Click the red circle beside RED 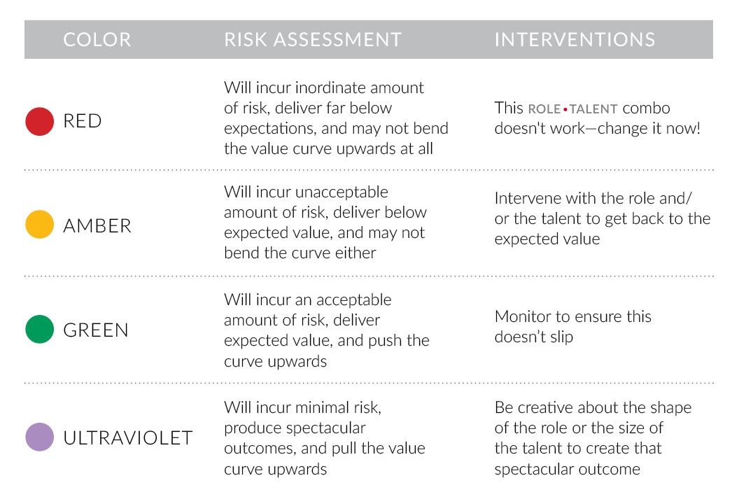pyautogui.click(x=40, y=121)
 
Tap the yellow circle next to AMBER pyautogui.click(x=40, y=225)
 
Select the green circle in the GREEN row pyautogui.click(x=40, y=330)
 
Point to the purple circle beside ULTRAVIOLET pyautogui.click(x=40, y=437)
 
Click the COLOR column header pyautogui.click(x=97, y=39)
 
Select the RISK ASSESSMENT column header pyautogui.click(x=313, y=39)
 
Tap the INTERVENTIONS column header pyautogui.click(x=575, y=39)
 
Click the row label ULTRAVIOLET pyautogui.click(x=127, y=438)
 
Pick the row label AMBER pyautogui.click(x=97, y=225)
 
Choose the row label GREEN pyautogui.click(x=96, y=330)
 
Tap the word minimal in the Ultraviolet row pyautogui.click(x=318, y=407)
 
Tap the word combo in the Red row pyautogui.click(x=646, y=108)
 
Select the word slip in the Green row pyautogui.click(x=561, y=337)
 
